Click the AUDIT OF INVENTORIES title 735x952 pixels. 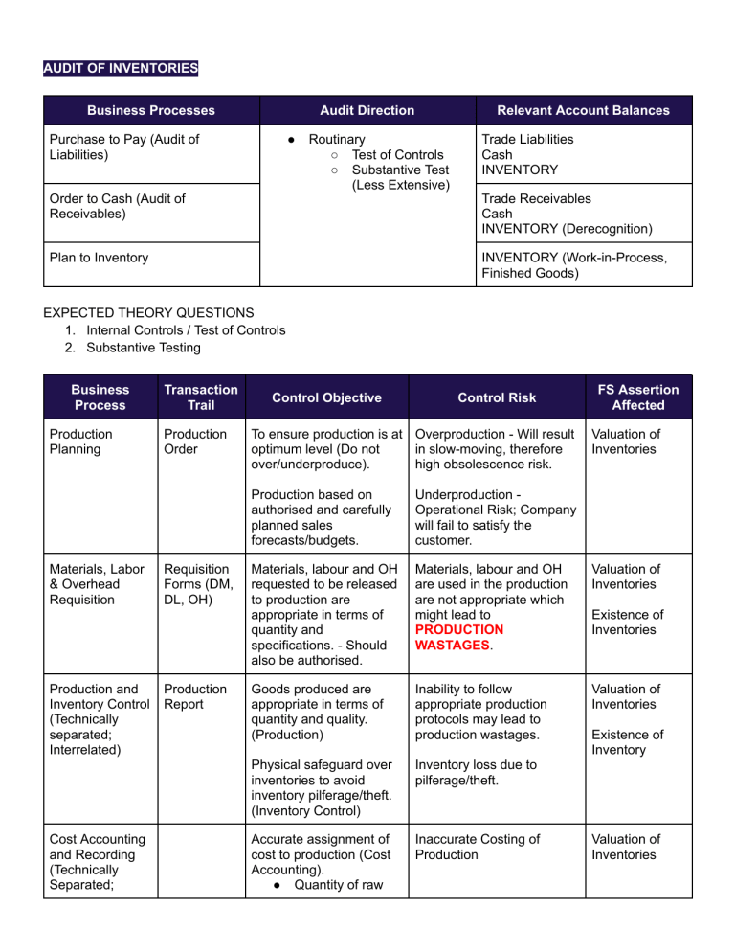[x=121, y=68]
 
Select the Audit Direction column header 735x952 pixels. [x=367, y=110]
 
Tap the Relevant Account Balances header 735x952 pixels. [x=584, y=110]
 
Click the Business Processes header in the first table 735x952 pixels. [x=151, y=110]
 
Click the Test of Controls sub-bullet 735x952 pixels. [x=397, y=154]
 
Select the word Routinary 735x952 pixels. [x=344, y=139]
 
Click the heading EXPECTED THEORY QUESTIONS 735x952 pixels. [x=148, y=313]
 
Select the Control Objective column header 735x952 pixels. [x=325, y=397]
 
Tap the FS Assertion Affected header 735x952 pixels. [x=637, y=397]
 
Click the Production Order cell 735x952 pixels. [x=193, y=442]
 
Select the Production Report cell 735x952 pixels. [x=193, y=696]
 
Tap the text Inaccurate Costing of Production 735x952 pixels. [x=479, y=846]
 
